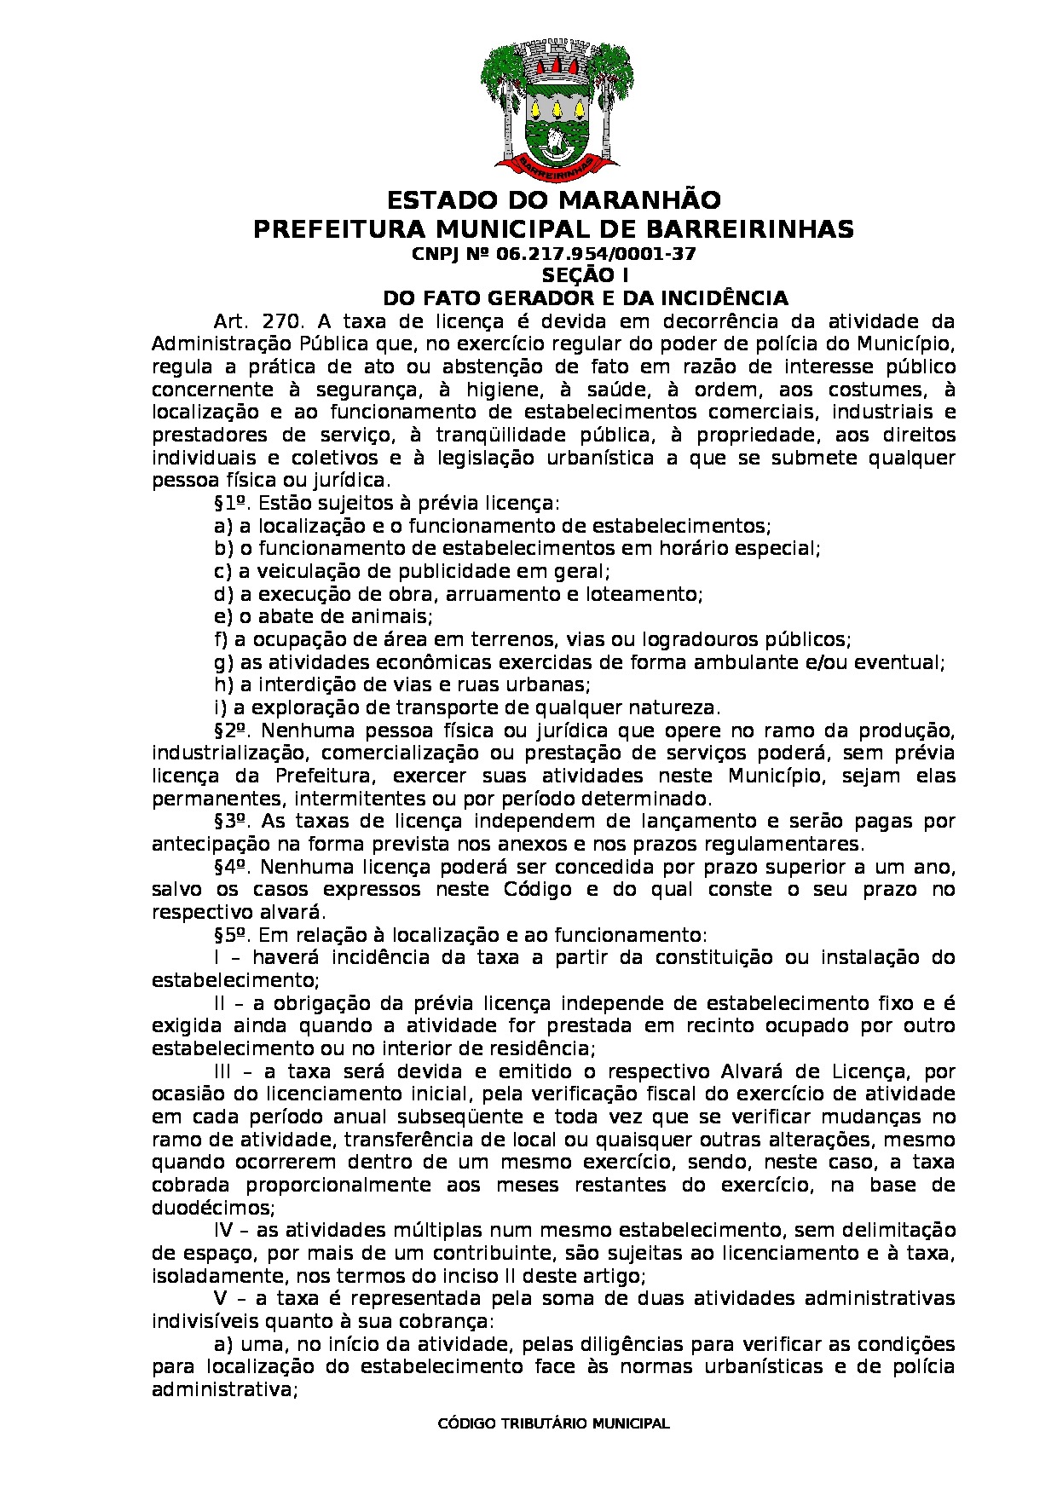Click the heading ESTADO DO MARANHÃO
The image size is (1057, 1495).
(x=554, y=201)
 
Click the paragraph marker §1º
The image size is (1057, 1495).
(x=231, y=503)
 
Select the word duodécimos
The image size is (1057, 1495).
(x=211, y=1208)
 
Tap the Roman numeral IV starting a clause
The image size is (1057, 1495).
(x=224, y=1231)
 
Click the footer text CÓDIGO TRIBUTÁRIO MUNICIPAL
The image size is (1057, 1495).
(x=553, y=1423)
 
